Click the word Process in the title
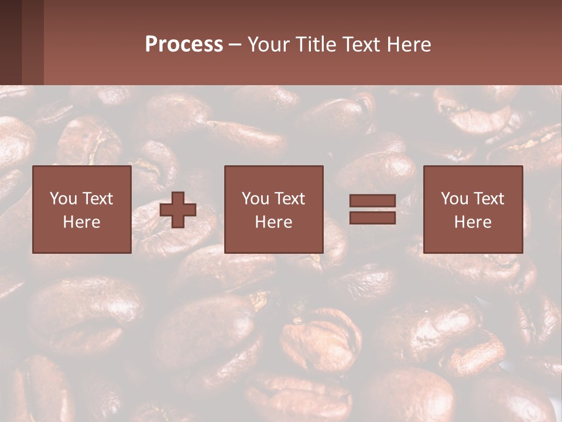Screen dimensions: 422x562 click(x=184, y=45)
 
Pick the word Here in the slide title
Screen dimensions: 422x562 click(x=409, y=45)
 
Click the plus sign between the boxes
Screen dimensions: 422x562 click(x=178, y=210)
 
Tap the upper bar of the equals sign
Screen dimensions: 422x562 click(x=372, y=201)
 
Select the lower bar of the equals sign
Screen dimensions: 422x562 click(x=372, y=217)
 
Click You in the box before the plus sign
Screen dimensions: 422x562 click(x=63, y=199)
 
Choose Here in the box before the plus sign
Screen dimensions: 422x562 click(x=81, y=222)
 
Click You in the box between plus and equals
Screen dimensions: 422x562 click(x=255, y=199)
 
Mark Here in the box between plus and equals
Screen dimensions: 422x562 click(x=273, y=222)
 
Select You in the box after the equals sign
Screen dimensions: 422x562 click(x=454, y=199)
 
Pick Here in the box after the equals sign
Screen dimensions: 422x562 click(x=472, y=222)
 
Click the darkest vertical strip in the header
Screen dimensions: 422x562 click(x=11, y=42)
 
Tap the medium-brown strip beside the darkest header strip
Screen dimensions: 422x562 click(x=33, y=42)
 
